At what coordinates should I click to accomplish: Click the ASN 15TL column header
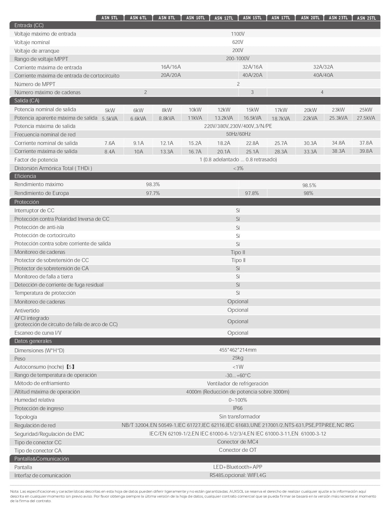pyautogui.click(x=252, y=18)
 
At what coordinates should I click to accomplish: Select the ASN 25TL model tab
pyautogui.click(x=366, y=18)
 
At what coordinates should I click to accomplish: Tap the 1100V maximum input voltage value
pyautogui.click(x=238, y=34)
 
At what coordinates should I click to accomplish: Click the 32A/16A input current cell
pyautogui.click(x=252, y=67)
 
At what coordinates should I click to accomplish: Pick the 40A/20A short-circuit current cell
pyautogui.click(x=252, y=75)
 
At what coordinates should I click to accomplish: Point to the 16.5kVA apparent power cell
pyautogui.click(x=252, y=118)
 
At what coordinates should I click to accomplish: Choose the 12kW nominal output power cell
pyautogui.click(x=224, y=110)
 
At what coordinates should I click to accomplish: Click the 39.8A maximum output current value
pyautogui.click(x=366, y=151)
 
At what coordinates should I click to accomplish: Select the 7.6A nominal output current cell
pyautogui.click(x=110, y=143)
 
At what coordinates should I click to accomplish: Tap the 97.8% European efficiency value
pyautogui.click(x=252, y=193)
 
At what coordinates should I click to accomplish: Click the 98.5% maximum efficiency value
pyautogui.click(x=309, y=185)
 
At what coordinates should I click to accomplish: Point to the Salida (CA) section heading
pyautogui.click(x=27, y=101)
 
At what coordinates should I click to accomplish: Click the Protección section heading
pyautogui.click(x=27, y=202)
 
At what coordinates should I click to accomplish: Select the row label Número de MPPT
pyautogui.click(x=35, y=84)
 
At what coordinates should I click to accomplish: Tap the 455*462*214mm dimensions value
pyautogui.click(x=238, y=350)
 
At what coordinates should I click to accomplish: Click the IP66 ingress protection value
pyautogui.click(x=238, y=408)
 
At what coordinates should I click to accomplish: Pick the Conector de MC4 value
pyautogui.click(x=238, y=442)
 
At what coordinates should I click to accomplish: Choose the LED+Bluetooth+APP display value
pyautogui.click(x=238, y=467)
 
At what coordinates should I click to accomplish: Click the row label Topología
pyautogui.click(x=26, y=417)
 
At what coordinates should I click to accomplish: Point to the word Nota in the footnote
pyautogui.click(x=14, y=492)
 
